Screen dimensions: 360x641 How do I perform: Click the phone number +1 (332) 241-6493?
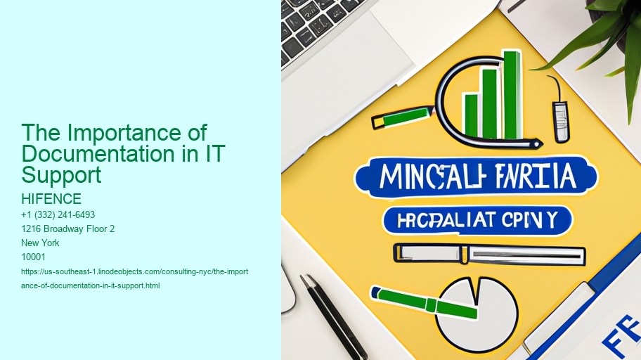[58, 214]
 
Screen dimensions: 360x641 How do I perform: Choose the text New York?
[41, 243]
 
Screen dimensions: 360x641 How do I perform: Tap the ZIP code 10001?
[34, 257]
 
